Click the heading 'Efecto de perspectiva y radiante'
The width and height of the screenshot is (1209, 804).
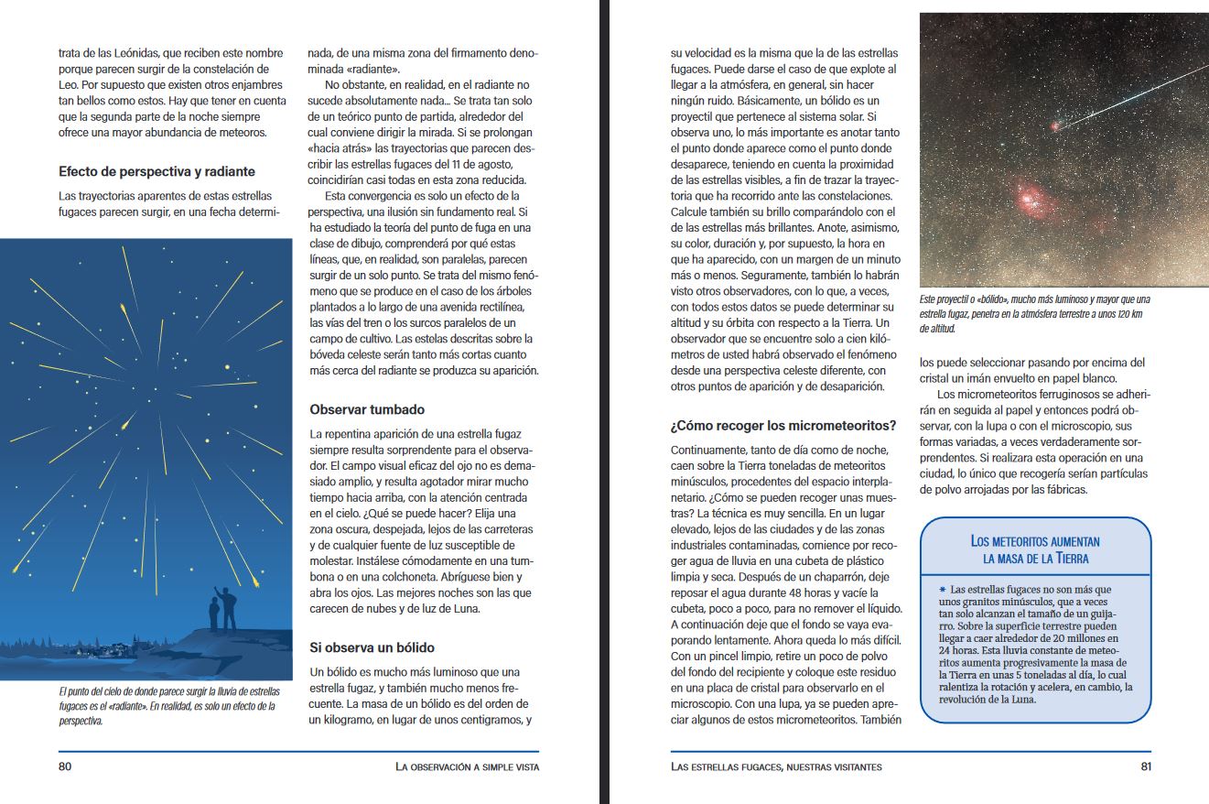tap(157, 171)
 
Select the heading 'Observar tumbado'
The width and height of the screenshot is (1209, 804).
tap(367, 409)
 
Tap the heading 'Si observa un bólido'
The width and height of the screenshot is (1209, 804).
tap(372, 647)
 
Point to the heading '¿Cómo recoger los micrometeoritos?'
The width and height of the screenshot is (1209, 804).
tap(783, 426)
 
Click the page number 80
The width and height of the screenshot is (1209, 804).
tap(65, 766)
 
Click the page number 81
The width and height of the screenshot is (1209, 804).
tap(1145, 766)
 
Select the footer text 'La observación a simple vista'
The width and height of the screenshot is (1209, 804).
tap(467, 766)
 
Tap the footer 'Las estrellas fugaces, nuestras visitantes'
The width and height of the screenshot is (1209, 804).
tap(776, 766)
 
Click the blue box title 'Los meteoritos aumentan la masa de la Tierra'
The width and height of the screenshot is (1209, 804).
tap(1035, 549)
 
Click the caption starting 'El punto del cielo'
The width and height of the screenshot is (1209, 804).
tap(168, 706)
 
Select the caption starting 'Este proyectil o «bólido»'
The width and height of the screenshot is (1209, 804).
tap(1034, 313)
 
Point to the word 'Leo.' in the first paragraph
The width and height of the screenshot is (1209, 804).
tap(69, 85)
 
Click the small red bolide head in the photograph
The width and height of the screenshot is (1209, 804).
tap(1054, 125)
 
